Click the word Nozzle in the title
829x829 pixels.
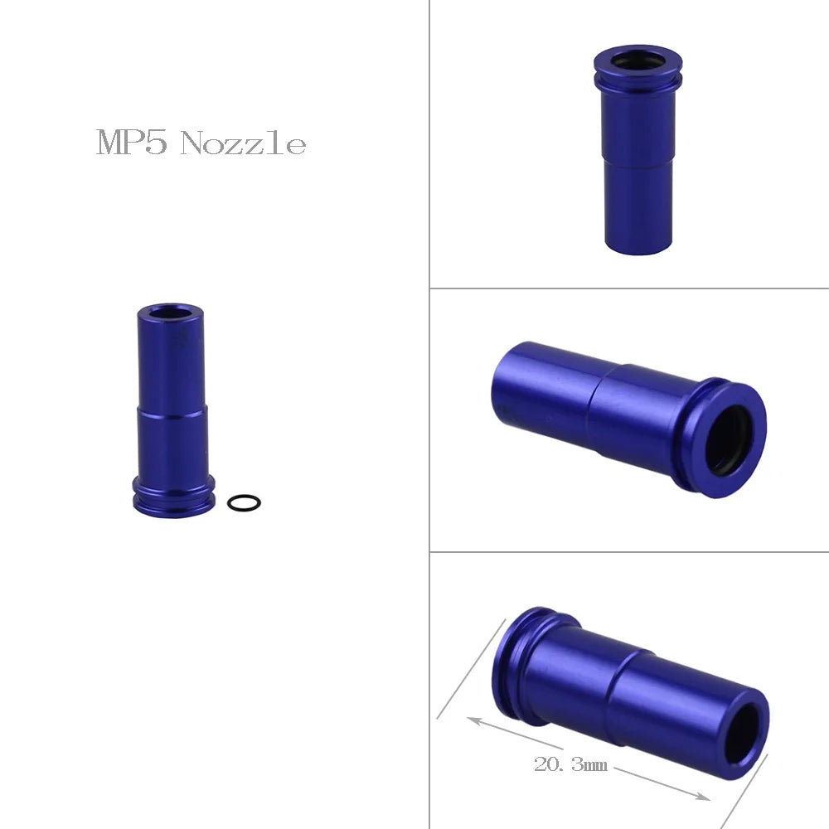point(243,144)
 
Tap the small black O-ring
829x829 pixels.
point(243,502)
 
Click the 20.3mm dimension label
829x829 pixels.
point(570,764)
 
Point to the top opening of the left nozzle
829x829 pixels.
point(170,313)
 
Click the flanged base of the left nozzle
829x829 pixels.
point(173,496)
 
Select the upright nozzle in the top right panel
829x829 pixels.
point(637,149)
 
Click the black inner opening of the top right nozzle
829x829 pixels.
point(638,61)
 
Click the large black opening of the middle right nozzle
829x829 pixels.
point(730,440)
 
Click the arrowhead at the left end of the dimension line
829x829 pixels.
point(471,720)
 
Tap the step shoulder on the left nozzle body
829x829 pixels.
point(170,410)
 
